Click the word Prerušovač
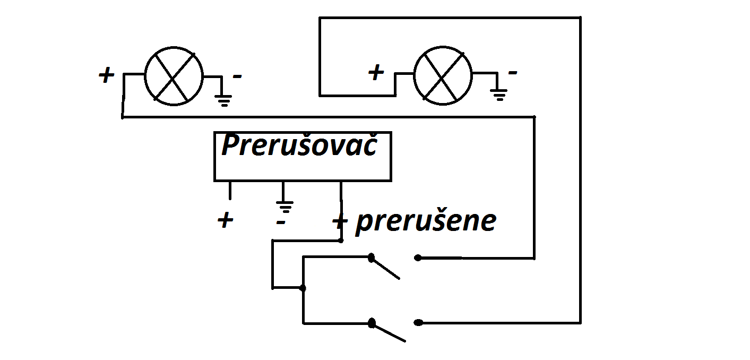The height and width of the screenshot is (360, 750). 299,145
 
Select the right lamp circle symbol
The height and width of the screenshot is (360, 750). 443,75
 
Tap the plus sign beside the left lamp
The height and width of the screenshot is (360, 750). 106,75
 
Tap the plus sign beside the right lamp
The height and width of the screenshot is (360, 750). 376,73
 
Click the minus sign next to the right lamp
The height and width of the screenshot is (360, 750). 512,72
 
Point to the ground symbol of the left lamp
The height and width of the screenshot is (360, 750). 223,99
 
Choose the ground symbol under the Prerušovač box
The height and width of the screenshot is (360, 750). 285,204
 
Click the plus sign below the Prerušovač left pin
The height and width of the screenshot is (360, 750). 226,220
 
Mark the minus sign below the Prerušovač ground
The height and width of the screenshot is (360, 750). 281,220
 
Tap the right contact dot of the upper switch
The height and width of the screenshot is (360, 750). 418,258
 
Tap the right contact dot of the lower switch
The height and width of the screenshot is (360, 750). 418,322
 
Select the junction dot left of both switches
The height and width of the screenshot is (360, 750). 303,288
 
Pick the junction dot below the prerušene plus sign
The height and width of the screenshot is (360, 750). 341,241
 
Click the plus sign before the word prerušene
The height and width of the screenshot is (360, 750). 340,221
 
